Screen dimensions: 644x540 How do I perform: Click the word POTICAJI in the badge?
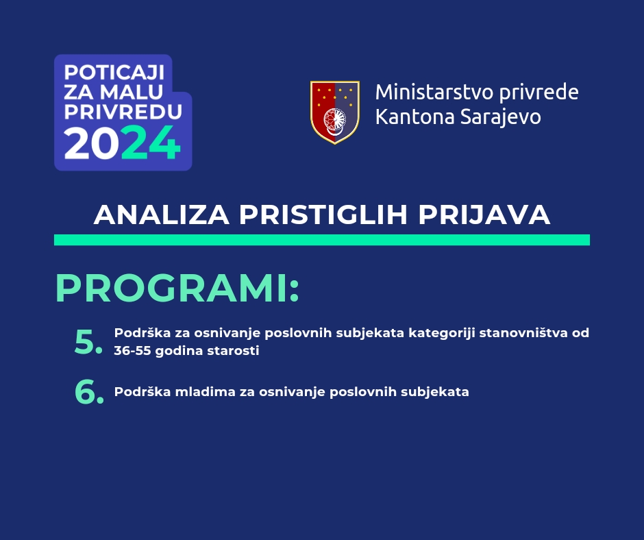pos(114,73)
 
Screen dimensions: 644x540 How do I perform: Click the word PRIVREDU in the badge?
pos(123,112)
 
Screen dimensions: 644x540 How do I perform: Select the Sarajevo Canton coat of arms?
pos(335,112)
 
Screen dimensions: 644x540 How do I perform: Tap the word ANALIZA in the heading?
pos(162,214)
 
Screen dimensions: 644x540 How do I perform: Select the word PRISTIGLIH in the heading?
pos(323,214)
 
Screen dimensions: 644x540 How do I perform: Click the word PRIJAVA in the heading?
pos(484,214)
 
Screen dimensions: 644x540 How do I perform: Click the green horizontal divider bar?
pos(322,240)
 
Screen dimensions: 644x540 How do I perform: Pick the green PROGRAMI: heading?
pos(177,289)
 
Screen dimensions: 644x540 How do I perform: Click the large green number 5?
pos(88,343)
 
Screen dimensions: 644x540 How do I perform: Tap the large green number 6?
pos(89,392)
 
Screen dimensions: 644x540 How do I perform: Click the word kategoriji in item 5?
pos(441,333)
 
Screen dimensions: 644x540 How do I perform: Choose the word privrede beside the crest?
pos(539,93)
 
